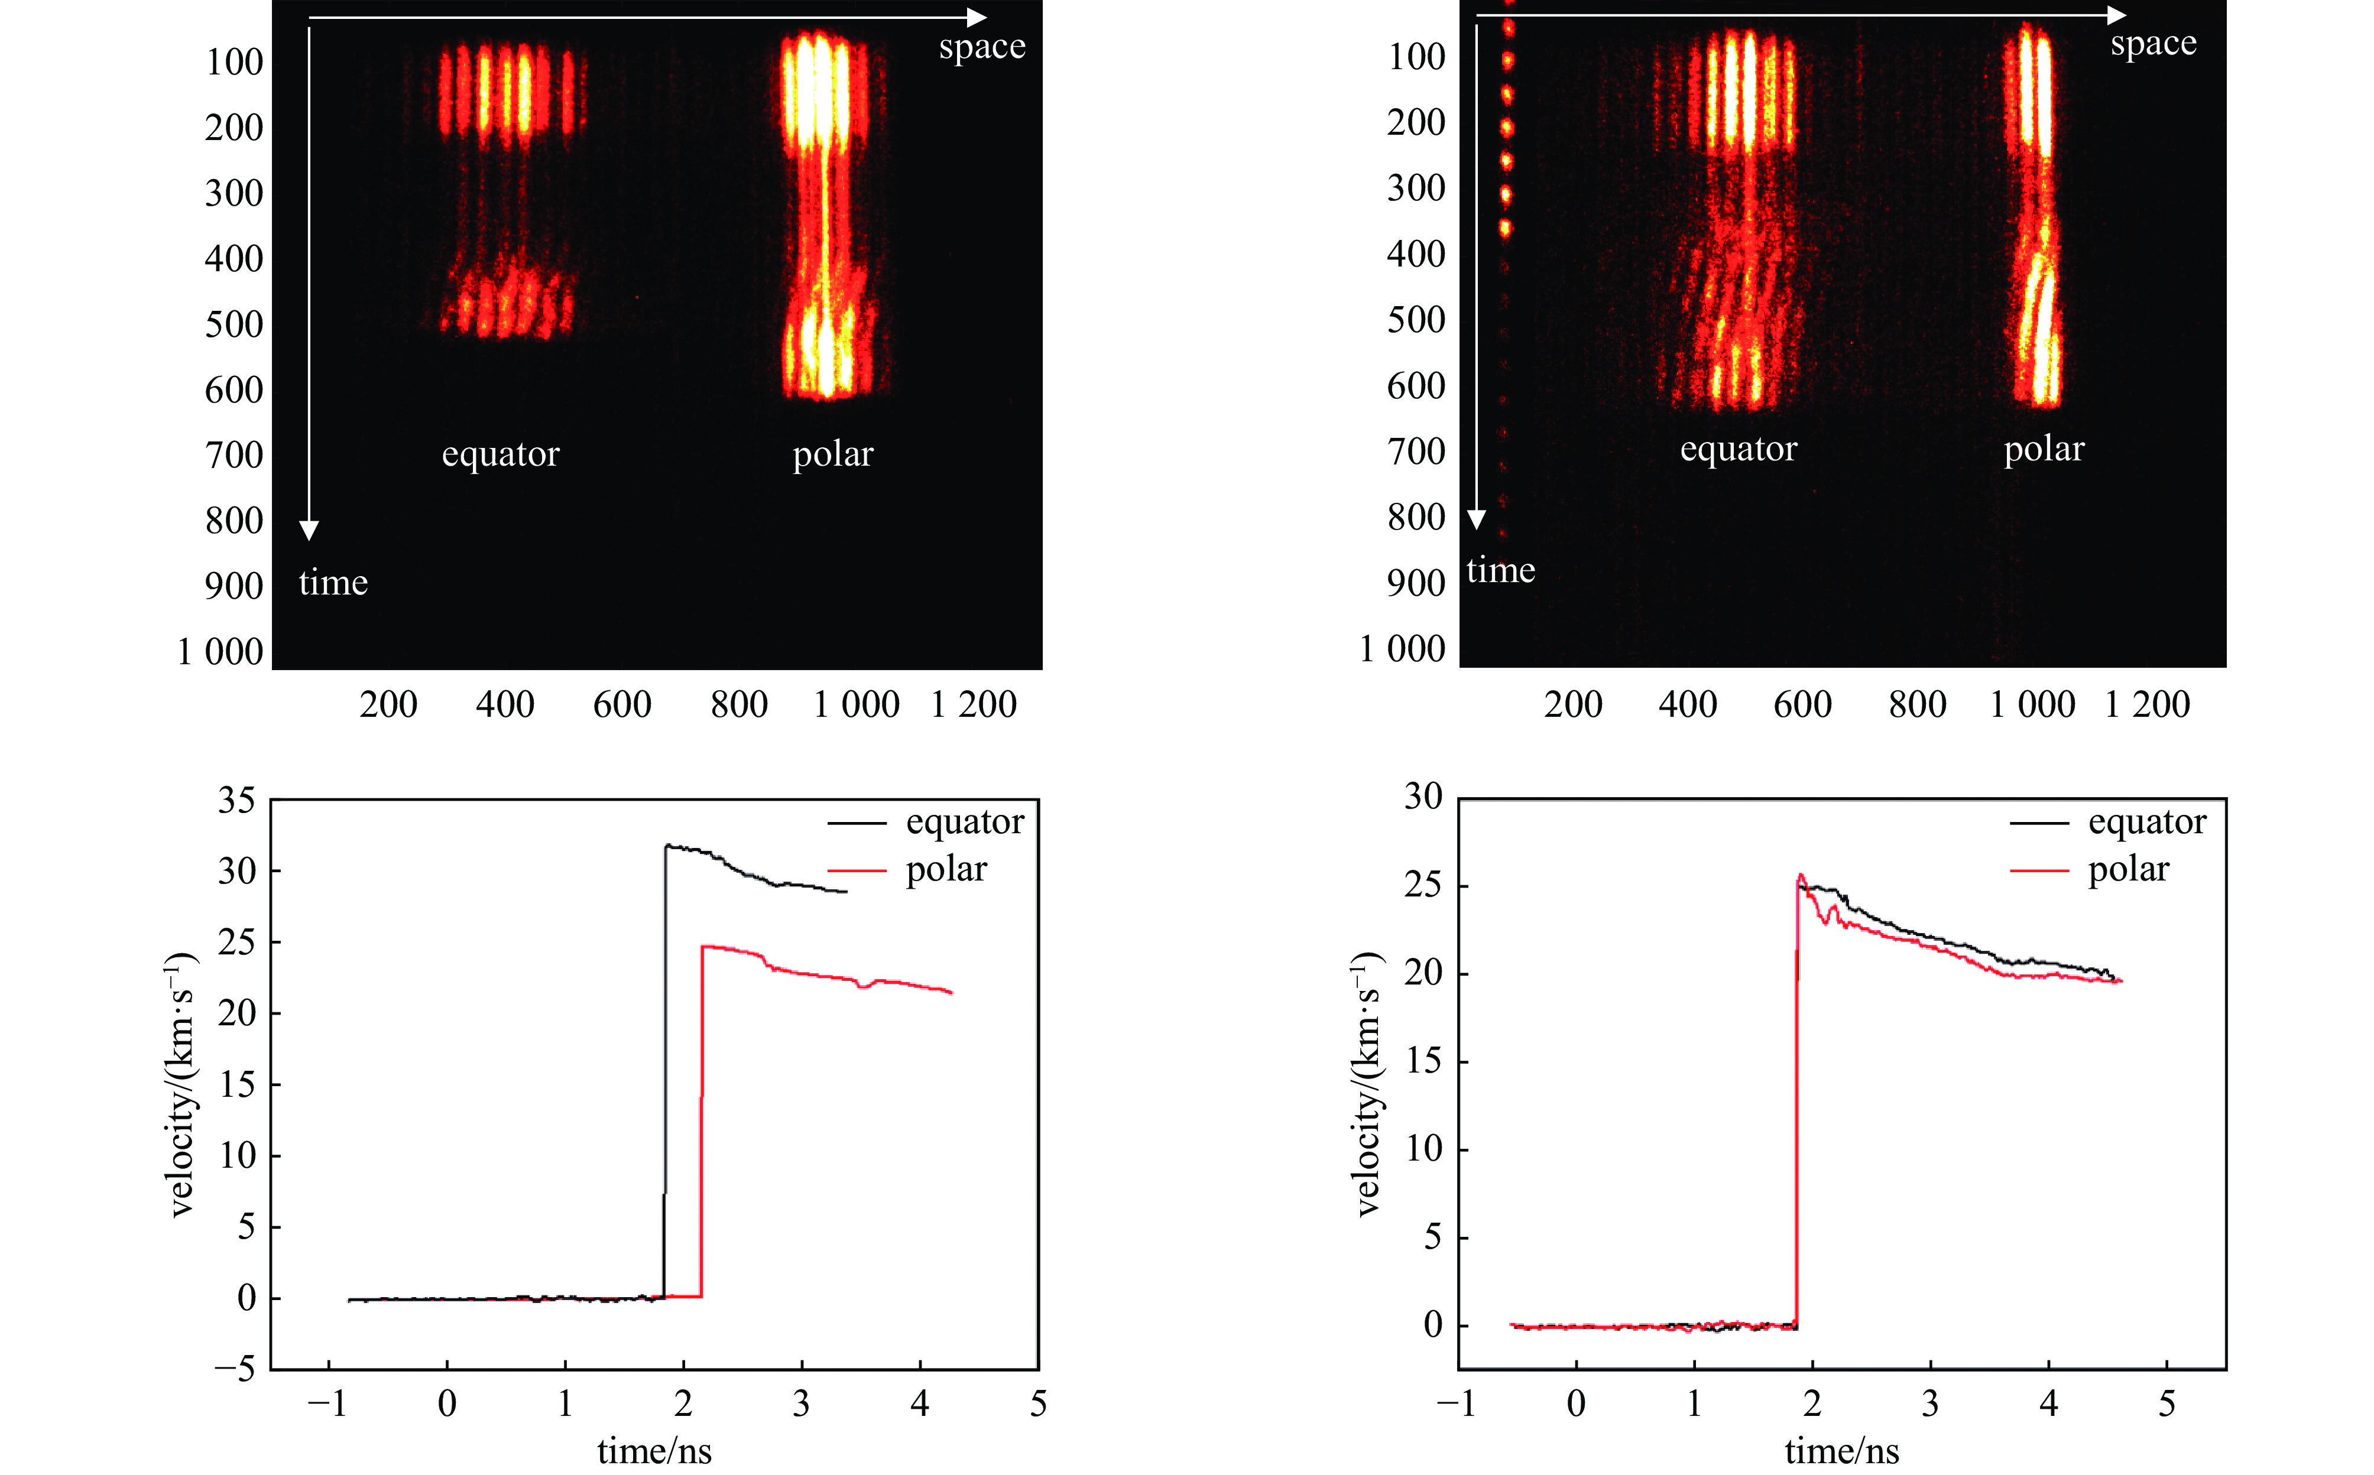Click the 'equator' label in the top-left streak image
click(x=501, y=454)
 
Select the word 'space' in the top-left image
click(x=982, y=47)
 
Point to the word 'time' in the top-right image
click(x=1500, y=570)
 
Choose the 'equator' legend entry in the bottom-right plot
click(x=2146, y=823)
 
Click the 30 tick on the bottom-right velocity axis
click(x=1423, y=797)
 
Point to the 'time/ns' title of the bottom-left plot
click(x=654, y=1451)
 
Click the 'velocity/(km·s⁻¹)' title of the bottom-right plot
click(x=1368, y=1083)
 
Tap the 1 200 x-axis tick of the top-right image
click(x=2146, y=704)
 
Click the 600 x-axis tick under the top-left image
click(x=621, y=704)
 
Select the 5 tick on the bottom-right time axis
click(x=2166, y=1403)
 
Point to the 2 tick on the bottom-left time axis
click(x=683, y=1403)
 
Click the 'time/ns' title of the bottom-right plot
click(x=1841, y=1451)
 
